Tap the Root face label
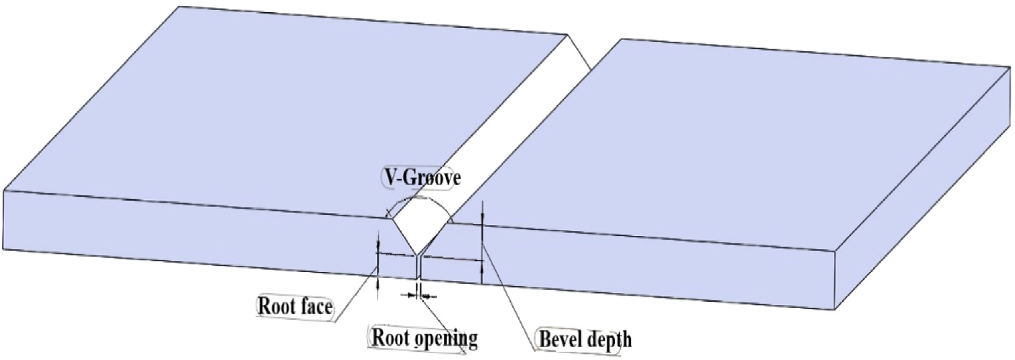294,306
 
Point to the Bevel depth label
584,337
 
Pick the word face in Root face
315,306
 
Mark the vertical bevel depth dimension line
481,244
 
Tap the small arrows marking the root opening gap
418,296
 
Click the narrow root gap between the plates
418,268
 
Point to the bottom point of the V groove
418,254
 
